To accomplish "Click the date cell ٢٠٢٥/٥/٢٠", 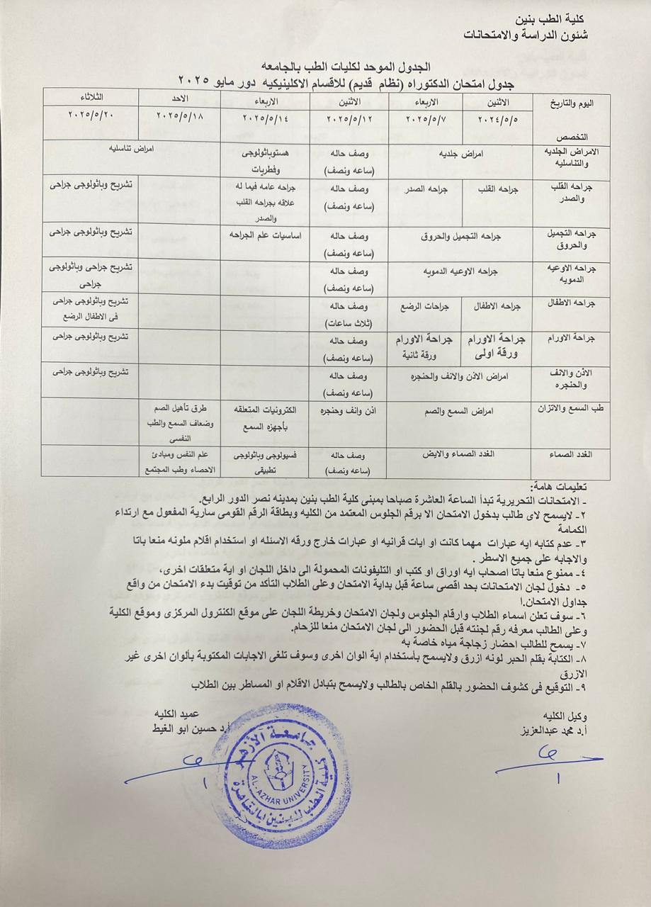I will pyautogui.click(x=91, y=114).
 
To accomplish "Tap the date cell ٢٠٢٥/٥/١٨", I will pyautogui.click(x=177, y=114).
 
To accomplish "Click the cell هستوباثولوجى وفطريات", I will pyautogui.click(x=264, y=160).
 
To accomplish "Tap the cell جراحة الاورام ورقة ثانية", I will pyautogui.click(x=422, y=346).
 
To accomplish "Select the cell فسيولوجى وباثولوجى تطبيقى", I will pyautogui.click(x=264, y=461).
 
